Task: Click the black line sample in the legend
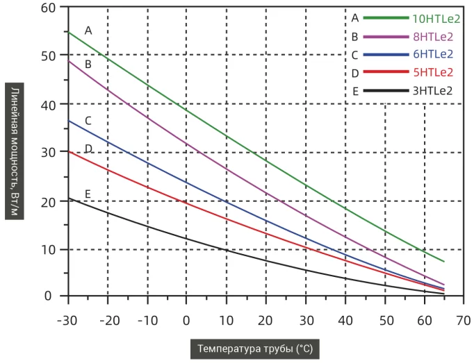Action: coord(385,90)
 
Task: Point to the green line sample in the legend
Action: coord(385,18)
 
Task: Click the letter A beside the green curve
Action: coord(88,31)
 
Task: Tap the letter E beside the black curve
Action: coord(88,194)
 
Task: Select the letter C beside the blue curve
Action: coord(88,121)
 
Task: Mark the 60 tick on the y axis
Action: coord(47,8)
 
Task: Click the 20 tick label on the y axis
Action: coord(47,201)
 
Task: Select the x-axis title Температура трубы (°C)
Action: coord(259,347)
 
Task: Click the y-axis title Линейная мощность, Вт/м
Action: coord(15,152)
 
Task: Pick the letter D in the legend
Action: coord(355,72)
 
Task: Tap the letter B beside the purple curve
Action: coord(88,64)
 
